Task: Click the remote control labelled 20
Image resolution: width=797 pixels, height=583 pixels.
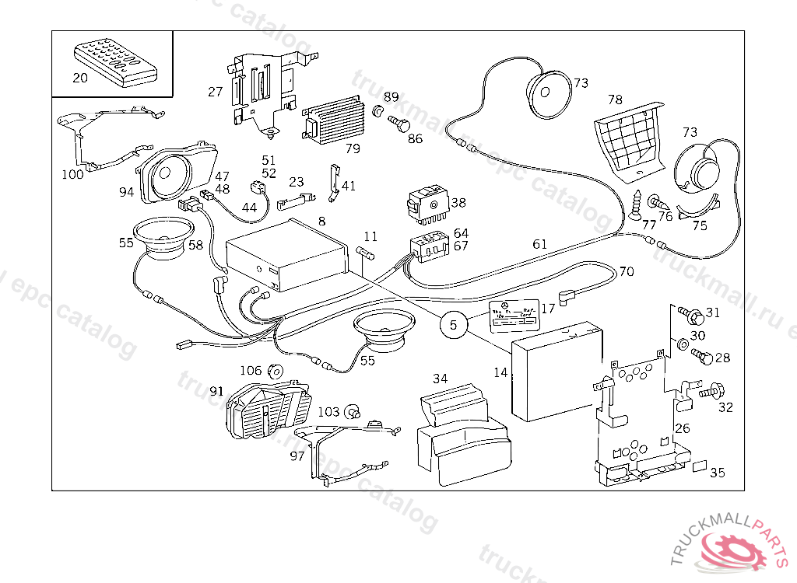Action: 115,63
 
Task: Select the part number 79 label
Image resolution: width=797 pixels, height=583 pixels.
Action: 353,148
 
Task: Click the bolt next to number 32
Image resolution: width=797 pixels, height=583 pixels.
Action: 710,390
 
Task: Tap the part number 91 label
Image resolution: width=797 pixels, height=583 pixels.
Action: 216,391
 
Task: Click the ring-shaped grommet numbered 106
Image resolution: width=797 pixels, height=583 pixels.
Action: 275,371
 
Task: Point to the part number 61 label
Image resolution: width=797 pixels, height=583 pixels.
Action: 539,244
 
